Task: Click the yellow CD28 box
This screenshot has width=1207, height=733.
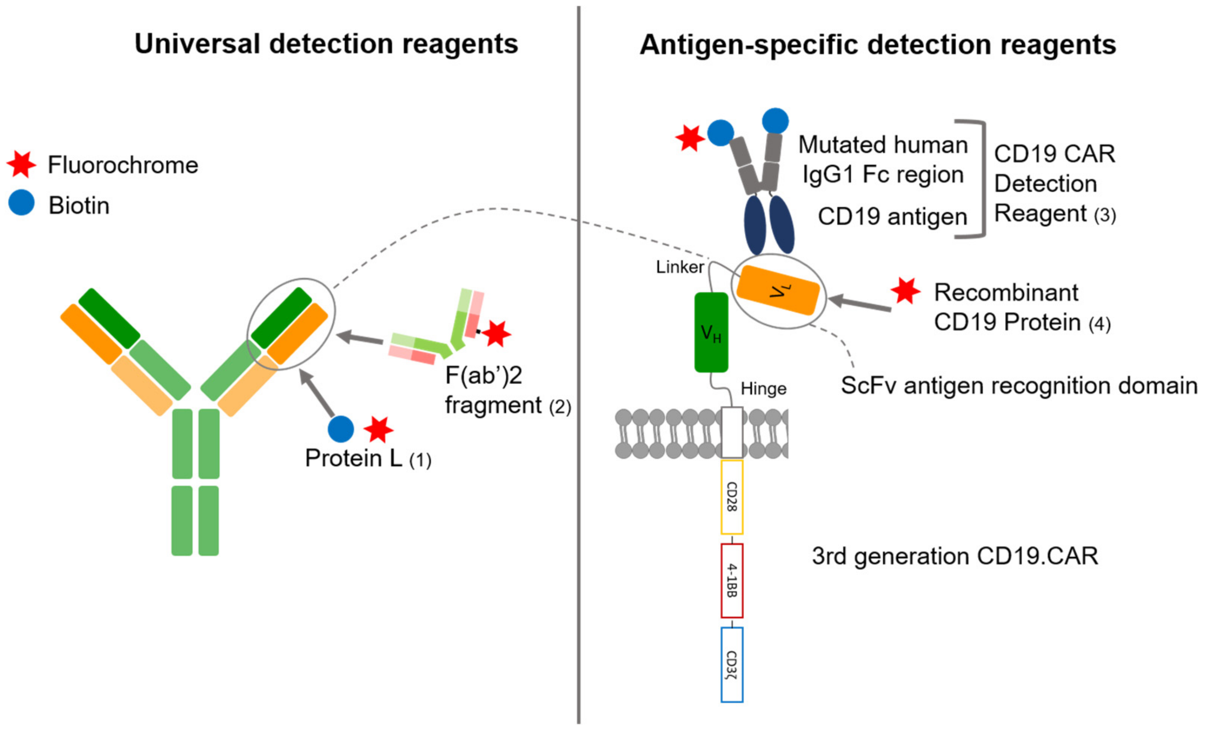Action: coord(731,497)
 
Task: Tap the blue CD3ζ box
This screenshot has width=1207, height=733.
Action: coord(731,664)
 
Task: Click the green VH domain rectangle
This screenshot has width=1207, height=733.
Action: coord(711,332)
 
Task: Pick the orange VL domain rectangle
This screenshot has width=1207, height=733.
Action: coord(778,290)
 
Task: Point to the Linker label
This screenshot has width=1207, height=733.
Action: coord(680,267)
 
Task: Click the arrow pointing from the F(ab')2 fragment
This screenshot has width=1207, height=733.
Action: coord(360,338)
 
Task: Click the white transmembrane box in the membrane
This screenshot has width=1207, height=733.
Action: coord(732,432)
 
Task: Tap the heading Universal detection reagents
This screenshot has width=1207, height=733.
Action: coord(326,44)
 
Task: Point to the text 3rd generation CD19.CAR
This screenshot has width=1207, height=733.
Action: coord(955,556)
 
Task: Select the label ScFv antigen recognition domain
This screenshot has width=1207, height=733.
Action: coord(1019,386)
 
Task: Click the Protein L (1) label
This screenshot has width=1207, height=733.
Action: coord(367,458)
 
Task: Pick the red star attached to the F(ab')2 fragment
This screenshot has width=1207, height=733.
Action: coord(497,334)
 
